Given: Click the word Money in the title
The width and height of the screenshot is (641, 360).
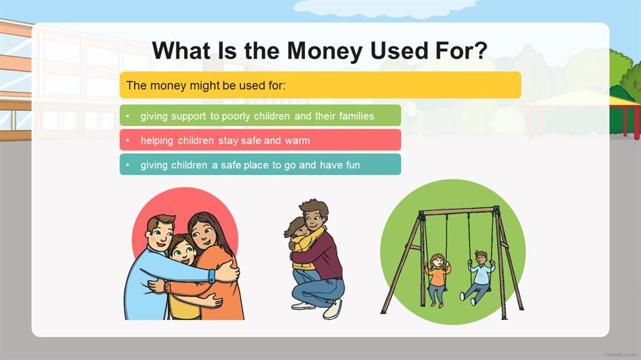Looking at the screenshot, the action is (325, 51).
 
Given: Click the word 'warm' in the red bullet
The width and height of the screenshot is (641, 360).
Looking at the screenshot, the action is (297, 141).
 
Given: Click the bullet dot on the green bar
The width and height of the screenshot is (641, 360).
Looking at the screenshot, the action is (128, 116).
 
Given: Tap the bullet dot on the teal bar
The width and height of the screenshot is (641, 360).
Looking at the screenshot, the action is (128, 165).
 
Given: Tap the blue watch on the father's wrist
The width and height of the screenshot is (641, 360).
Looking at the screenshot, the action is (212, 276).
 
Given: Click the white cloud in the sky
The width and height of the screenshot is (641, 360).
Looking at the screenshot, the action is (385, 8).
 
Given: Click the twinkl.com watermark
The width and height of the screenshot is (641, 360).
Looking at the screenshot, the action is (621, 354).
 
